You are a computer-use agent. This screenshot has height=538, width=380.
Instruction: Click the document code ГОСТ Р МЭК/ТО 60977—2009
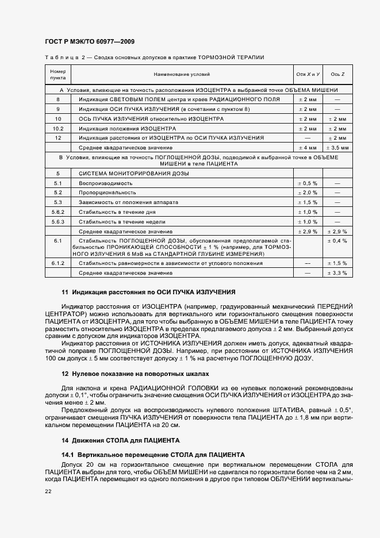click(90, 42)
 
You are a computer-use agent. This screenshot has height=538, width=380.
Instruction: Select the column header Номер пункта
click(58, 74)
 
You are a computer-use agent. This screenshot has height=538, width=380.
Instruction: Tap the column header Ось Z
click(337, 74)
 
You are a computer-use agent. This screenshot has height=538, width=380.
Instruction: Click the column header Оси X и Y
click(307, 74)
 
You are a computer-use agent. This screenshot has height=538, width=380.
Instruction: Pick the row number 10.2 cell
click(58, 128)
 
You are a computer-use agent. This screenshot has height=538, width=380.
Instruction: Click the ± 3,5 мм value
click(337, 148)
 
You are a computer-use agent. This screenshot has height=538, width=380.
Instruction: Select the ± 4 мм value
click(307, 148)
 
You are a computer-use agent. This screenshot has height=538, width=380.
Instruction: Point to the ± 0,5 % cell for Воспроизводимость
click(307, 182)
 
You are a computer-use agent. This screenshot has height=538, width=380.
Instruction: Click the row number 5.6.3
click(58, 221)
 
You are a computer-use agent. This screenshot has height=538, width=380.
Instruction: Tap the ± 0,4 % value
click(337, 240)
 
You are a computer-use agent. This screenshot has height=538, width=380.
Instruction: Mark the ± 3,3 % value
click(337, 272)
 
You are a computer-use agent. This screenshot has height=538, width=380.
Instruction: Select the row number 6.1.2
click(58, 263)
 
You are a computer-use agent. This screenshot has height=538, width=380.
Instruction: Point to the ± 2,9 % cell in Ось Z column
click(337, 230)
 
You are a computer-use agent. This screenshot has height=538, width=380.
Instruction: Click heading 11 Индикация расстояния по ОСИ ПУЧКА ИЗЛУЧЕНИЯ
click(148, 292)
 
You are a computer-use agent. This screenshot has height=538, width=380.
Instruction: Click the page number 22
click(48, 490)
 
